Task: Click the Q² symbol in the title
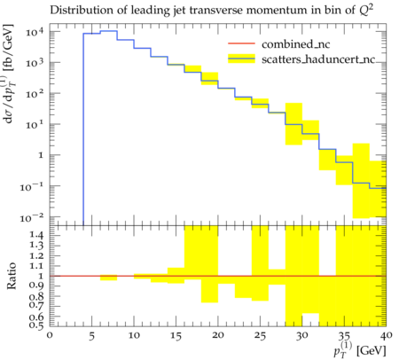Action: pyautogui.click(x=366, y=10)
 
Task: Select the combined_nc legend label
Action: pyautogui.click(x=295, y=44)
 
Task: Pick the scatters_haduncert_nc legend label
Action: pyautogui.click(x=318, y=59)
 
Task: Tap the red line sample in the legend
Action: pyautogui.click(x=241, y=43)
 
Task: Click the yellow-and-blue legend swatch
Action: pyautogui.click(x=241, y=59)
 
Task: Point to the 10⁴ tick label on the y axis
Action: pyautogui.click(x=35, y=31)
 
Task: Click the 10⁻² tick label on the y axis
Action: pyautogui.click(x=33, y=218)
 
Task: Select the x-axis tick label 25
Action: pyautogui.click(x=260, y=336)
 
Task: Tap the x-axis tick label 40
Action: pyautogui.click(x=387, y=335)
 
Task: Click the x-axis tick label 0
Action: pyautogui.click(x=50, y=335)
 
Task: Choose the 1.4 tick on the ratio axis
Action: pyautogui.click(x=38, y=236)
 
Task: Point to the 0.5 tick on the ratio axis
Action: pyautogui.click(x=38, y=325)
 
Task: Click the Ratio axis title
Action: pyautogui.click(x=11, y=276)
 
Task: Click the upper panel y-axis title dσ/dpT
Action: pyautogui.click(x=9, y=73)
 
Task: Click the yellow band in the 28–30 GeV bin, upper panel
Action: pyautogui.click(x=293, y=124)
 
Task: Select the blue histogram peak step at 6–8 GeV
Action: pyautogui.click(x=109, y=31)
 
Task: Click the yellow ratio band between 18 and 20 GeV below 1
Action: pyautogui.click(x=209, y=289)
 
